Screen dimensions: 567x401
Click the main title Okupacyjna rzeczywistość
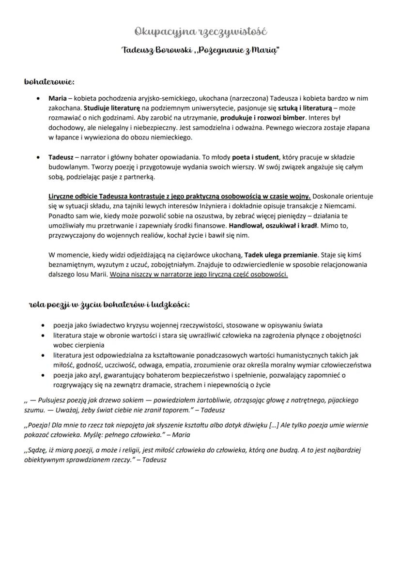tap(200, 31)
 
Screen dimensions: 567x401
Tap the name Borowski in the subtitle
tap(165, 51)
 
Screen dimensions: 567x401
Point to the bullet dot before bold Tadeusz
tap(38, 157)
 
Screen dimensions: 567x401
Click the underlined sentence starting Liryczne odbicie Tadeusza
tap(179, 197)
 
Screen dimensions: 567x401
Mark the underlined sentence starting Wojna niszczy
tap(199, 275)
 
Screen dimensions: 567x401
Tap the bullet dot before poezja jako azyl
tap(44, 375)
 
